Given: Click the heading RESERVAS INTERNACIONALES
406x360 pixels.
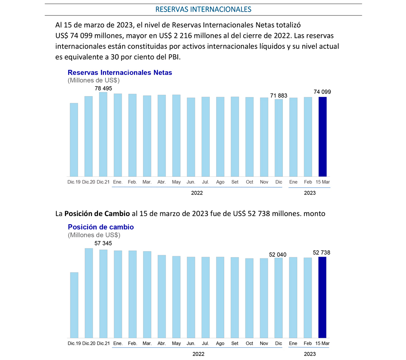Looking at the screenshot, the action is pyautogui.click(x=203, y=9).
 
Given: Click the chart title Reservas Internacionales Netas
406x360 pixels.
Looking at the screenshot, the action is pyautogui.click(x=120, y=73).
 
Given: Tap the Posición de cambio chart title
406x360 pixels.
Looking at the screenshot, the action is pyautogui.click(x=101, y=227).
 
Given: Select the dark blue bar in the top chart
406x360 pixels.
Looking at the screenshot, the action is pyautogui.click(x=323, y=137).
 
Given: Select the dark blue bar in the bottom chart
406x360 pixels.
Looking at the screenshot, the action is pyautogui.click(x=323, y=297).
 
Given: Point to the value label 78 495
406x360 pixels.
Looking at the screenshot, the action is pyautogui.click(x=103, y=88).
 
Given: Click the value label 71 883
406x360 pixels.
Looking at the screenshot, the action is pyautogui.click(x=279, y=96).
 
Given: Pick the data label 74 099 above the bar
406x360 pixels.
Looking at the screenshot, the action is pyautogui.click(x=323, y=92).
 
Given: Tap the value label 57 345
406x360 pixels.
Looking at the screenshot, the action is pyautogui.click(x=103, y=243).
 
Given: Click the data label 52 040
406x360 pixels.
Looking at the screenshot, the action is pyautogui.click(x=277, y=254).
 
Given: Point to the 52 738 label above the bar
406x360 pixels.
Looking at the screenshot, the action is pyautogui.click(x=322, y=253).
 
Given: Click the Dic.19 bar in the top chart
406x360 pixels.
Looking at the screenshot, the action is pyautogui.click(x=74, y=140).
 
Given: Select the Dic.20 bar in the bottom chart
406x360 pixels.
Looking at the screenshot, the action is pyautogui.click(x=89, y=293).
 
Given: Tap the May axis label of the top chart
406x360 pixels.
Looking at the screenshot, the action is pyautogui.click(x=176, y=182).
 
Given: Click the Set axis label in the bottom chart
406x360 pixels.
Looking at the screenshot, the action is pyautogui.click(x=235, y=343).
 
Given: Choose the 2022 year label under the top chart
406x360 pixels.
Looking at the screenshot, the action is pyautogui.click(x=197, y=193).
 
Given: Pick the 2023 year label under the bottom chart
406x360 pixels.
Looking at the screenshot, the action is pyautogui.click(x=309, y=354).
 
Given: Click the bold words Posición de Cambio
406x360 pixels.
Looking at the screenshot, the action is pyautogui.click(x=97, y=214).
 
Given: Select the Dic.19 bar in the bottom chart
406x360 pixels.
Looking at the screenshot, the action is pyautogui.click(x=74, y=305).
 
